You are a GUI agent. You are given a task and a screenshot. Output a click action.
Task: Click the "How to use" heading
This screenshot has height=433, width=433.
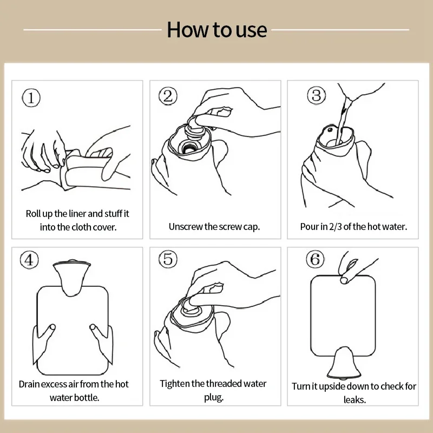217,30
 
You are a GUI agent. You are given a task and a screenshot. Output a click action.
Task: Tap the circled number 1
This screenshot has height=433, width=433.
31,98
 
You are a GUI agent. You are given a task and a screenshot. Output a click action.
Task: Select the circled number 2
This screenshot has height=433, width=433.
168,96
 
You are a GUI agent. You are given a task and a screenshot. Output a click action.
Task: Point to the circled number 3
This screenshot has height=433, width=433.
317,95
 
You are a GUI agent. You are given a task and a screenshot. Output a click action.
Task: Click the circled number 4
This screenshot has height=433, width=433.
29,260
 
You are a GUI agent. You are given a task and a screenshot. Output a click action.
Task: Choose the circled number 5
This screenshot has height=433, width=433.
168,259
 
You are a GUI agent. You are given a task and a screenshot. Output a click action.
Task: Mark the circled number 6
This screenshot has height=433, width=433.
315,259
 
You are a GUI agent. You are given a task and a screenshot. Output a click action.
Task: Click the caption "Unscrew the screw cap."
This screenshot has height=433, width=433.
214,227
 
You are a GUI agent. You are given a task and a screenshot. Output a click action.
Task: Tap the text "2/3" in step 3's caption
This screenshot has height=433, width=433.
336,227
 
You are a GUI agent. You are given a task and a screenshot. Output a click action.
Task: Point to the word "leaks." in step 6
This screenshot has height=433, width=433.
355,399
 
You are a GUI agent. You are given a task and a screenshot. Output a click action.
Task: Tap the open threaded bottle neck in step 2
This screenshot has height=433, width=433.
188,147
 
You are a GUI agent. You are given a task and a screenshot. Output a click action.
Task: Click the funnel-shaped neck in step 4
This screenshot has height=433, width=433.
72,278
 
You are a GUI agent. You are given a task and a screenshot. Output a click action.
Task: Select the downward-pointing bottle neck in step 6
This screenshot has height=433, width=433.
344,362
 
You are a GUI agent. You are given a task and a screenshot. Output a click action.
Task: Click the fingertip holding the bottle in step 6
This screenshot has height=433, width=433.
344,280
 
